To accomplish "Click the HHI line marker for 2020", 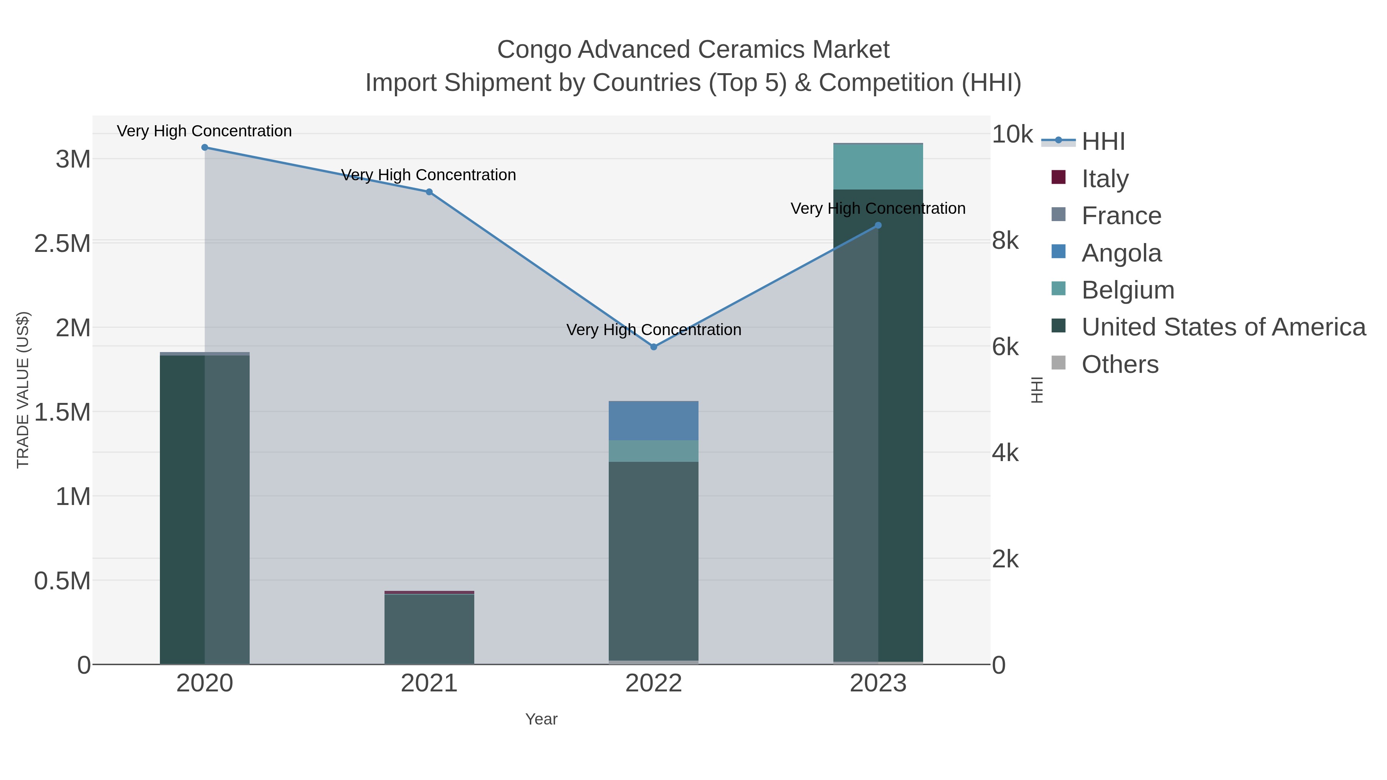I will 205,148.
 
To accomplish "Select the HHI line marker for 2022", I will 654,347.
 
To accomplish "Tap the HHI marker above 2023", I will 878,226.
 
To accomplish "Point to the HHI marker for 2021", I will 429,192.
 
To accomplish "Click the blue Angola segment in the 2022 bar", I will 654,421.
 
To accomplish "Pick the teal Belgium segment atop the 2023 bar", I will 878,167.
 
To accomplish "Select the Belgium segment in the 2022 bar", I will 654,451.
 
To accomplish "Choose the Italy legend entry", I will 1105,178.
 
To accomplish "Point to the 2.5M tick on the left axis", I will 62,244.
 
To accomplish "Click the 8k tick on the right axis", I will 1005,241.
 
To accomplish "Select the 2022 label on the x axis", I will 654,684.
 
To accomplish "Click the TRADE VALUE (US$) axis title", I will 23,390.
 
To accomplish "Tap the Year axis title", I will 541,719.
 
